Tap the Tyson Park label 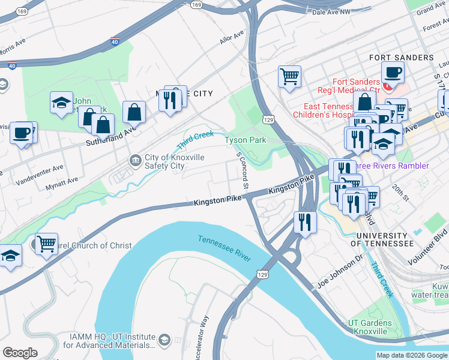[x=245, y=140]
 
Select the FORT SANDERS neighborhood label [x=401, y=58]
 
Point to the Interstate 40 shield [x=115, y=42]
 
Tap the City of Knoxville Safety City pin [x=136, y=160]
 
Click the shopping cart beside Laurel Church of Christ [x=46, y=243]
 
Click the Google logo [x=20, y=352]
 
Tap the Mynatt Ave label [x=62, y=183]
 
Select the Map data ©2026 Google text [x=411, y=355]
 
